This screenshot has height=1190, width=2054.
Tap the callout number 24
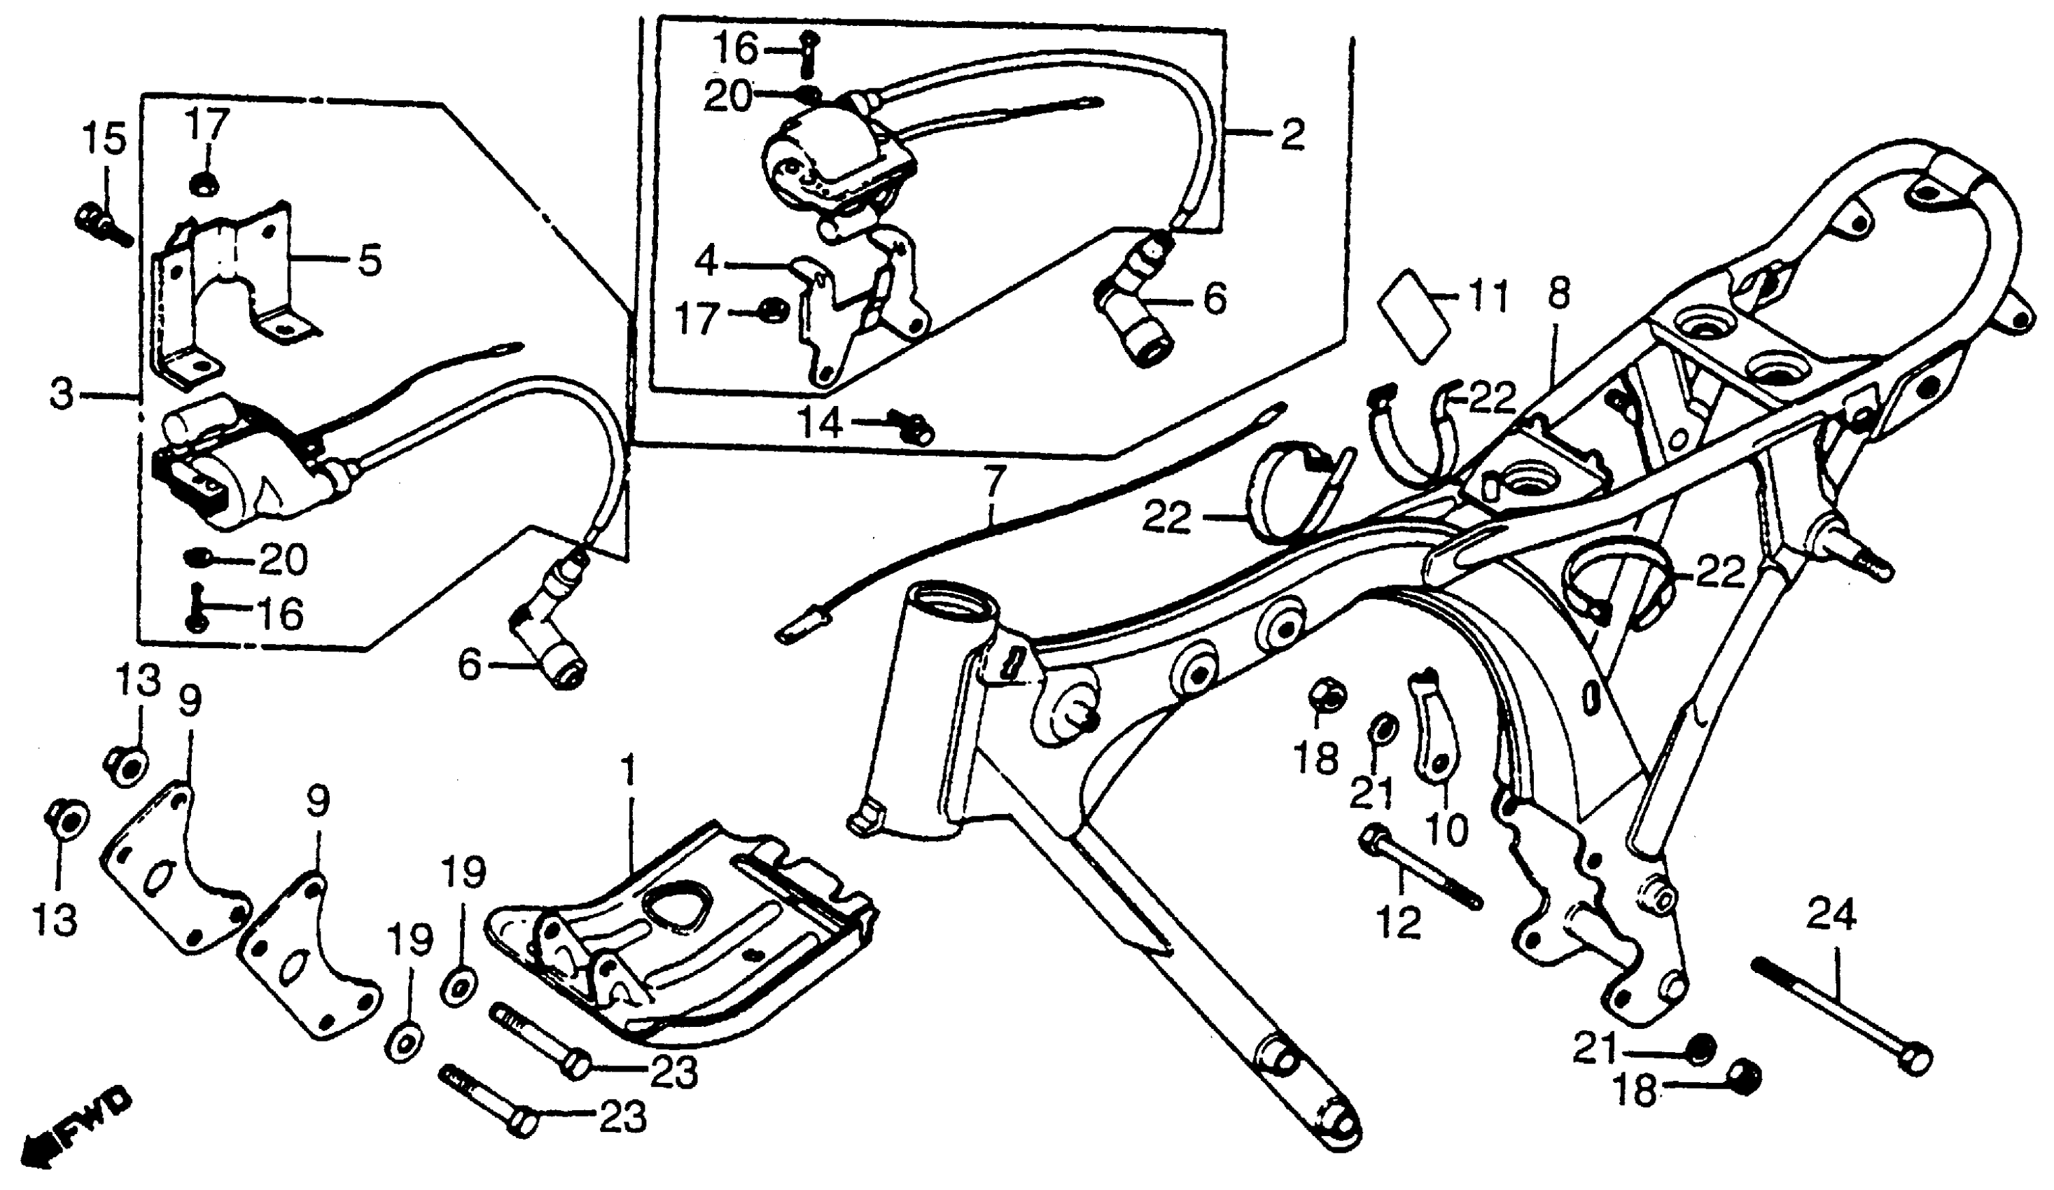(x=1831, y=914)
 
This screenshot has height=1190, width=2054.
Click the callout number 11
(x=1488, y=297)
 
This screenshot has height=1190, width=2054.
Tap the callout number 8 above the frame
(x=1558, y=295)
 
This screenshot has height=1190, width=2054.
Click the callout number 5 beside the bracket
(x=368, y=262)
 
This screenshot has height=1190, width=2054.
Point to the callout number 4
(x=706, y=262)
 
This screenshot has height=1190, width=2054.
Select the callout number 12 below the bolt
(x=1399, y=923)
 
